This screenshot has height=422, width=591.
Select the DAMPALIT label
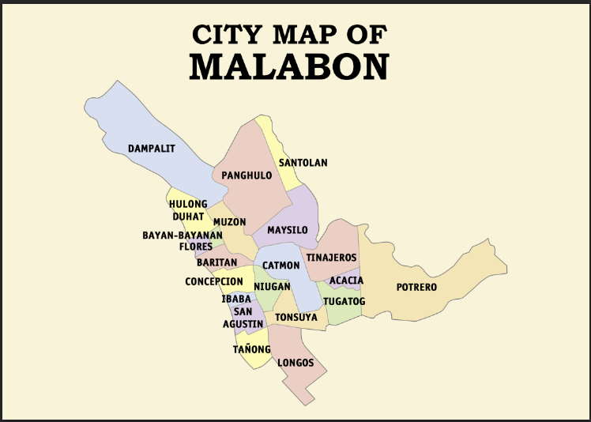tap(152, 148)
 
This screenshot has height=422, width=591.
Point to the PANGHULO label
tap(247, 175)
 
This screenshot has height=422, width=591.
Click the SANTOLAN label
tap(303, 163)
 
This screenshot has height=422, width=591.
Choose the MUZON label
tap(229, 222)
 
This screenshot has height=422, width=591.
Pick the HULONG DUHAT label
tap(188, 210)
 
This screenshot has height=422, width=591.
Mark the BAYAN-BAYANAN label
tap(183, 235)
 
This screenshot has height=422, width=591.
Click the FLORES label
tap(195, 247)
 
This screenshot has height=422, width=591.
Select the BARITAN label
tap(217, 262)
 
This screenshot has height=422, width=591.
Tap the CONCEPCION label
tap(214, 281)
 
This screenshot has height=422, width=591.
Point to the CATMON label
tap(281, 266)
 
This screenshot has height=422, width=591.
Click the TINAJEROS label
tap(332, 258)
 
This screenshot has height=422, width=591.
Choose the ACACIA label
tap(346, 281)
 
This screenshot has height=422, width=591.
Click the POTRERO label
tap(416, 288)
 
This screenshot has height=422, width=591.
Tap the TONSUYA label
tap(295, 317)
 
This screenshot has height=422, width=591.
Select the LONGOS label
tap(295, 364)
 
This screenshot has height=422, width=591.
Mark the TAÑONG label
tap(252, 349)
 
